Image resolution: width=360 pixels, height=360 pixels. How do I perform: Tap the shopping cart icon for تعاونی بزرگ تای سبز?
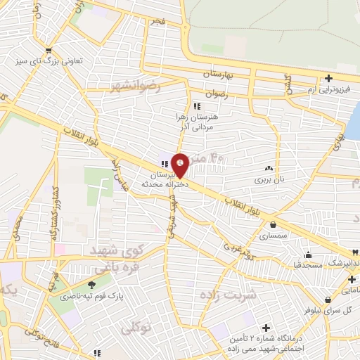click(48, 50)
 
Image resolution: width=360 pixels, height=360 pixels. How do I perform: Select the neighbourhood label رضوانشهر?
click(135, 86)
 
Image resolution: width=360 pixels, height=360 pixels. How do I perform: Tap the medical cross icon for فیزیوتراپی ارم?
click(328, 78)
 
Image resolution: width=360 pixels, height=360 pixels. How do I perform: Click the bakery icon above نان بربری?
click(268, 168)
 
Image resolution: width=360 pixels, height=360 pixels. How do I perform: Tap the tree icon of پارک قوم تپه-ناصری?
click(91, 285)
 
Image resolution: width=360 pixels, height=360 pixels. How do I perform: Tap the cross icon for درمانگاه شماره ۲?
click(266, 328)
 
